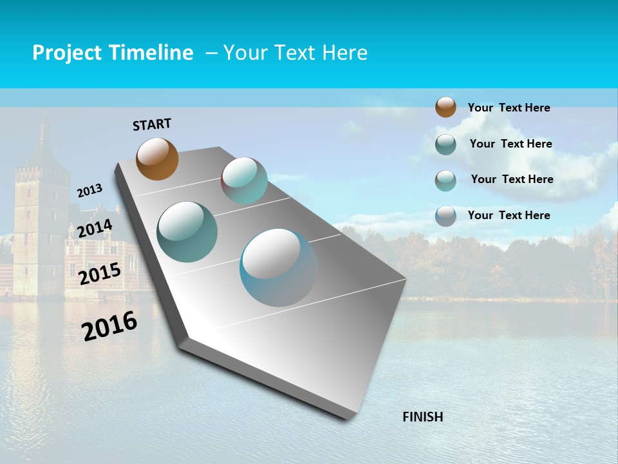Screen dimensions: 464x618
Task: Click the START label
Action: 152,124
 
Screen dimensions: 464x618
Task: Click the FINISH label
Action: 422,417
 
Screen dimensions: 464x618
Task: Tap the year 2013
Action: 89,191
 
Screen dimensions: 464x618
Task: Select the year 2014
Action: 95,229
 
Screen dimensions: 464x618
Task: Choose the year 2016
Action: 109,326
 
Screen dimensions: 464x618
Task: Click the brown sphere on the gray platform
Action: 157,159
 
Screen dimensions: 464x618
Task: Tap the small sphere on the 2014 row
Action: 244,180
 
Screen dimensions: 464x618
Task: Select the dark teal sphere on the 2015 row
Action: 187,231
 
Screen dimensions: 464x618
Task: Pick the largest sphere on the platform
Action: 278,267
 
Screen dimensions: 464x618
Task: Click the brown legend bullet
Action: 445,107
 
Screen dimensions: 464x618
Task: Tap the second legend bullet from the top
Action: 445,144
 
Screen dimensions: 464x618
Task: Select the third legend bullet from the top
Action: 445,180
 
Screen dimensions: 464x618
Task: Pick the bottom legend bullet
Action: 445,216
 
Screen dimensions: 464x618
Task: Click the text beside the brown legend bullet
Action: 509,108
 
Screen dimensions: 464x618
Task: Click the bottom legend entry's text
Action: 509,215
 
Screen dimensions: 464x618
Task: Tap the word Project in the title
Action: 66,53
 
